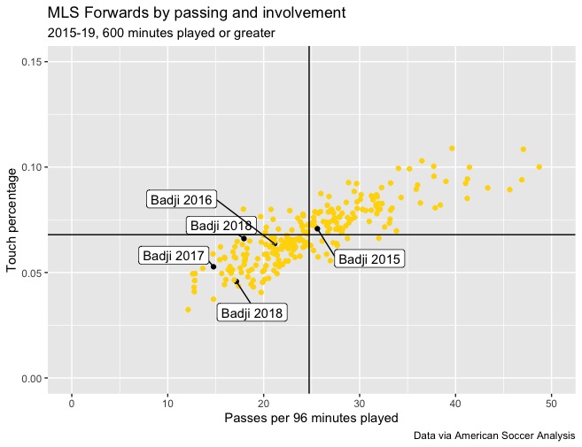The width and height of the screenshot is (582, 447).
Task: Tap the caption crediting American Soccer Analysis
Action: pyautogui.click(x=494, y=435)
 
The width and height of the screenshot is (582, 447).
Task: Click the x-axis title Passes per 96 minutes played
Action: pyautogui.click(x=311, y=418)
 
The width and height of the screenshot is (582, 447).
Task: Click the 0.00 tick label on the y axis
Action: pyautogui.click(x=33, y=379)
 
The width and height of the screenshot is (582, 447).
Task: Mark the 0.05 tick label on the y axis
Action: pyautogui.click(x=33, y=273)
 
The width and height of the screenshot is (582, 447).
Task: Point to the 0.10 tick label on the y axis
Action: pyautogui.click(x=33, y=167)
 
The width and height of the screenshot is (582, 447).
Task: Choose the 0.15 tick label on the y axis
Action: pyautogui.click(x=33, y=62)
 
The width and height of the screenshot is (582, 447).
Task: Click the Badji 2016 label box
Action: pyautogui.click(x=181, y=200)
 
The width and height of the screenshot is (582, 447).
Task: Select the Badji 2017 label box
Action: pyautogui.click(x=173, y=256)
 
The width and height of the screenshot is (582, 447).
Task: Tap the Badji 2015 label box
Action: pyautogui.click(x=369, y=259)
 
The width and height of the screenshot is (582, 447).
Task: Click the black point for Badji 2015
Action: pyautogui.click(x=317, y=228)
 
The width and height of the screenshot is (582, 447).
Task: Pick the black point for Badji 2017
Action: pyautogui.click(x=213, y=266)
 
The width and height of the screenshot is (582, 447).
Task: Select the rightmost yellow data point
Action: pyautogui.click(x=539, y=166)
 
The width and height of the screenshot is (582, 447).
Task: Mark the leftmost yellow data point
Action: pyautogui.click(x=188, y=310)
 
